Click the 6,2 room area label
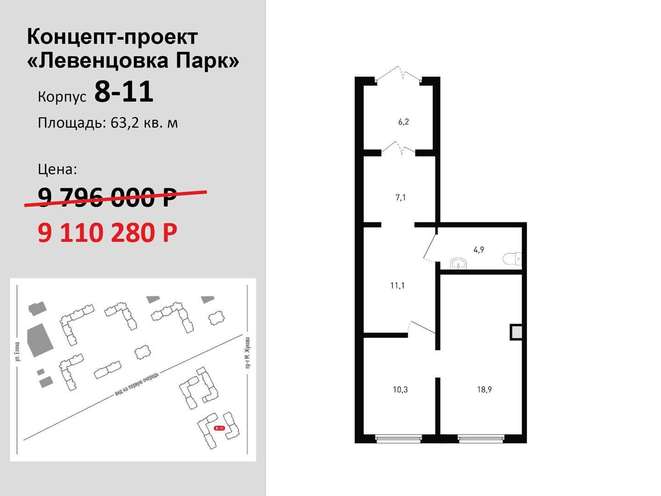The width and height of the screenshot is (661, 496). pyautogui.click(x=403, y=122)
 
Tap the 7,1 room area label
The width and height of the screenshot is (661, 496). pyautogui.click(x=401, y=197)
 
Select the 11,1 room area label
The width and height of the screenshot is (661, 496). pyautogui.click(x=398, y=286)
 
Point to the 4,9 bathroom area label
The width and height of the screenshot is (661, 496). pyautogui.click(x=478, y=250)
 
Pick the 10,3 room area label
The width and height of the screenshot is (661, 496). pyautogui.click(x=400, y=389)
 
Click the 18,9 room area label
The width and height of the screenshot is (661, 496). pyautogui.click(x=484, y=389)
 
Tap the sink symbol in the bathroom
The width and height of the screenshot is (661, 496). pyautogui.click(x=458, y=264)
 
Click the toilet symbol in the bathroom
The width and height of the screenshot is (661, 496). pyautogui.click(x=512, y=259)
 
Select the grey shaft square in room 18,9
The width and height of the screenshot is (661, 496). pyautogui.click(x=516, y=332)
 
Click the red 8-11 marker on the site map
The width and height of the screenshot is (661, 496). pyautogui.click(x=219, y=428)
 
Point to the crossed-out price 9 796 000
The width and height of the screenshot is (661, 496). pyautogui.click(x=107, y=197)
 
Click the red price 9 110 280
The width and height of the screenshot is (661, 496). pyautogui.click(x=107, y=233)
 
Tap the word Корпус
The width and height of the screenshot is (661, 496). pyautogui.click(x=62, y=97)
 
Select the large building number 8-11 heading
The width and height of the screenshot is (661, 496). pyautogui.click(x=124, y=91)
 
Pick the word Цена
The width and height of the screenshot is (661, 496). pyautogui.click(x=57, y=169)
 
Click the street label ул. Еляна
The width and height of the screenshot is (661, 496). pyautogui.click(x=17, y=351)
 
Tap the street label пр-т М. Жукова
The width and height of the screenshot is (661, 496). pyautogui.click(x=247, y=353)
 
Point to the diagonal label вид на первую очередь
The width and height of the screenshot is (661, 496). pyautogui.click(x=136, y=384)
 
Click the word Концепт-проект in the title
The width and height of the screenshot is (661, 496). pyautogui.click(x=112, y=37)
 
